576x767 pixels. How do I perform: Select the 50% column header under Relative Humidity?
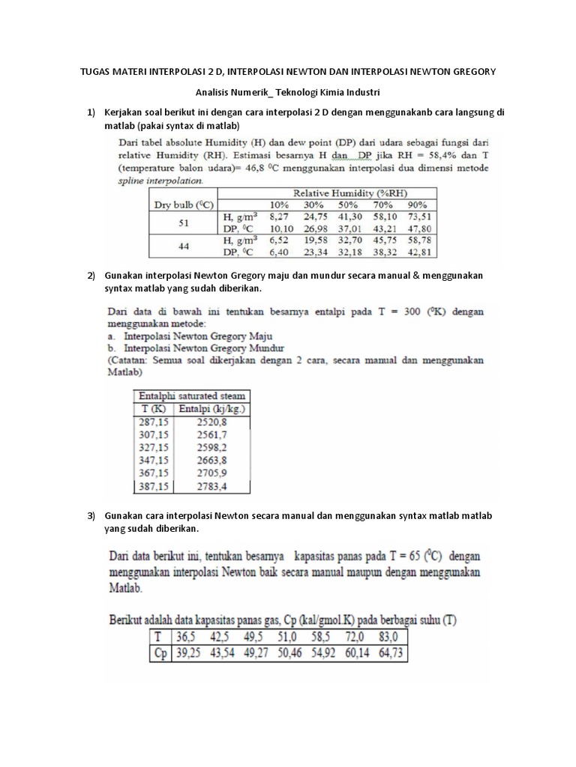point(348,204)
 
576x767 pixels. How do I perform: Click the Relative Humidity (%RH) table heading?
point(344,192)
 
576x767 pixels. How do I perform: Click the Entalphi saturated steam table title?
point(190,395)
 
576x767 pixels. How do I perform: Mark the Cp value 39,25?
point(191,652)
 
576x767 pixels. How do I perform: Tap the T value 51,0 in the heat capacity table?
point(311,637)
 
